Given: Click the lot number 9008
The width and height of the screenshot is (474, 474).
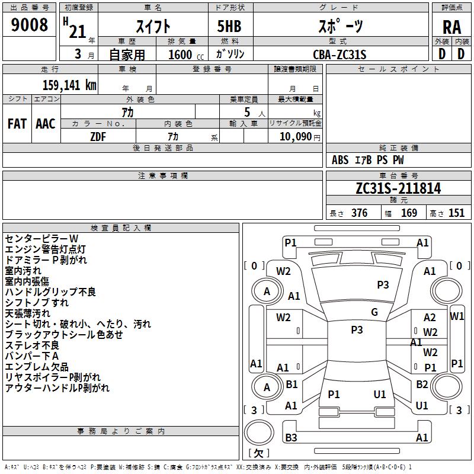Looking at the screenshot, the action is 30,25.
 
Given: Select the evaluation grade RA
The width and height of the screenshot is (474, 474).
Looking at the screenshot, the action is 451,27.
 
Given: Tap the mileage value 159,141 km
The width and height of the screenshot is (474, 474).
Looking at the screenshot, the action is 70,85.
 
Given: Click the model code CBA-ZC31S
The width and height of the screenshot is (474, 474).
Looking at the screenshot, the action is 340,55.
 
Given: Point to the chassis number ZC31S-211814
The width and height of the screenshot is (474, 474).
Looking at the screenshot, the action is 398,189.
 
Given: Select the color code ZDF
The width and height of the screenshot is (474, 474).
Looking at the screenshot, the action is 98,136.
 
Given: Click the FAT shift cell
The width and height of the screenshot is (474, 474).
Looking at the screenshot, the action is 17,124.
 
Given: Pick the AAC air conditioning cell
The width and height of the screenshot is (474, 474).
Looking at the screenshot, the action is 45,124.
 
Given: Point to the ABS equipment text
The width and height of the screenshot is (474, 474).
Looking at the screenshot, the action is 340,160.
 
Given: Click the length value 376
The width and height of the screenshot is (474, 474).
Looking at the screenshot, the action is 359,213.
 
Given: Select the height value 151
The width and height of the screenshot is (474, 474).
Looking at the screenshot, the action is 457,213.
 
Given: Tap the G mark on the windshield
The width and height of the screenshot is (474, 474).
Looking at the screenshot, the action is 374,312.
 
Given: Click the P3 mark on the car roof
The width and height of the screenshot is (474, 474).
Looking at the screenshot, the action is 357,330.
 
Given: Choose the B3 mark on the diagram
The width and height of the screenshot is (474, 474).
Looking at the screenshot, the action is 291,438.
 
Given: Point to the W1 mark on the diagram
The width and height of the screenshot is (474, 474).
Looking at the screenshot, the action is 457,316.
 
